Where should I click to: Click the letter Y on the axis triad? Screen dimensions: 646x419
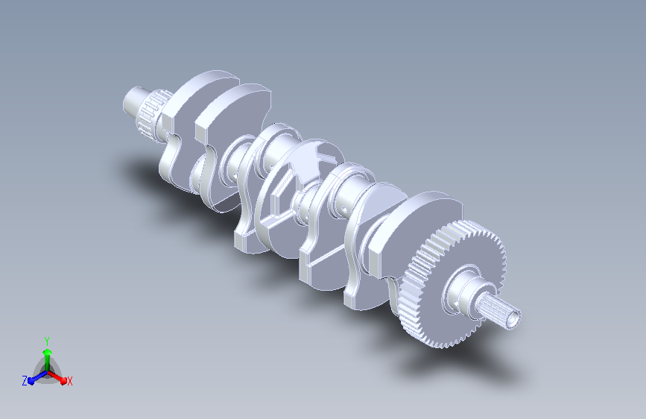tap(47, 341)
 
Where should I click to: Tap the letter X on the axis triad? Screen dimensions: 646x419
tap(69, 381)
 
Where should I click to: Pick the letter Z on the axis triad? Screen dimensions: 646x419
tap(25, 381)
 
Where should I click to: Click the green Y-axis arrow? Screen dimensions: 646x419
tap(48, 359)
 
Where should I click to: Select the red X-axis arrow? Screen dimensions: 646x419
tap(57, 377)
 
